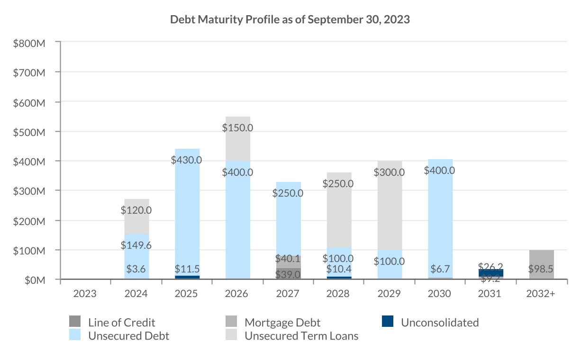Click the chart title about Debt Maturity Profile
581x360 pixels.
pyautogui.click(x=290, y=20)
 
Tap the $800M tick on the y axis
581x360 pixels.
pyautogui.click(x=29, y=43)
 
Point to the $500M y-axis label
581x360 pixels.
pyautogui.click(x=29, y=132)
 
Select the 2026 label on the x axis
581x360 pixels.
pyautogui.click(x=237, y=294)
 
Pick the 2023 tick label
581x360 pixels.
pyautogui.click(x=85, y=294)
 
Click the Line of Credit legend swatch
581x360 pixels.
pyautogui.click(x=75, y=322)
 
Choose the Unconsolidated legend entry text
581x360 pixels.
pyautogui.click(x=439, y=323)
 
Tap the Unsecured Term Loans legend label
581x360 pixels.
pyautogui.click(x=301, y=336)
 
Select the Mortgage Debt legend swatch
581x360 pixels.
pyautogui.click(x=231, y=322)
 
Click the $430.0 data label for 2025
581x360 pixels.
pyautogui.click(x=187, y=160)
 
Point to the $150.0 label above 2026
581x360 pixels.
pyautogui.click(x=237, y=127)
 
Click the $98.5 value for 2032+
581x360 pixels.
pyautogui.click(x=541, y=269)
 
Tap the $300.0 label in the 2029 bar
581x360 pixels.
pyautogui.click(x=389, y=172)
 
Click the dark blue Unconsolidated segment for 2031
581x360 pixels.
pyautogui.click(x=490, y=273)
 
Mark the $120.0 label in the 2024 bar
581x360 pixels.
pyautogui.click(x=136, y=210)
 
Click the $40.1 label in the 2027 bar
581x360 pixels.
pyautogui.click(x=288, y=259)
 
